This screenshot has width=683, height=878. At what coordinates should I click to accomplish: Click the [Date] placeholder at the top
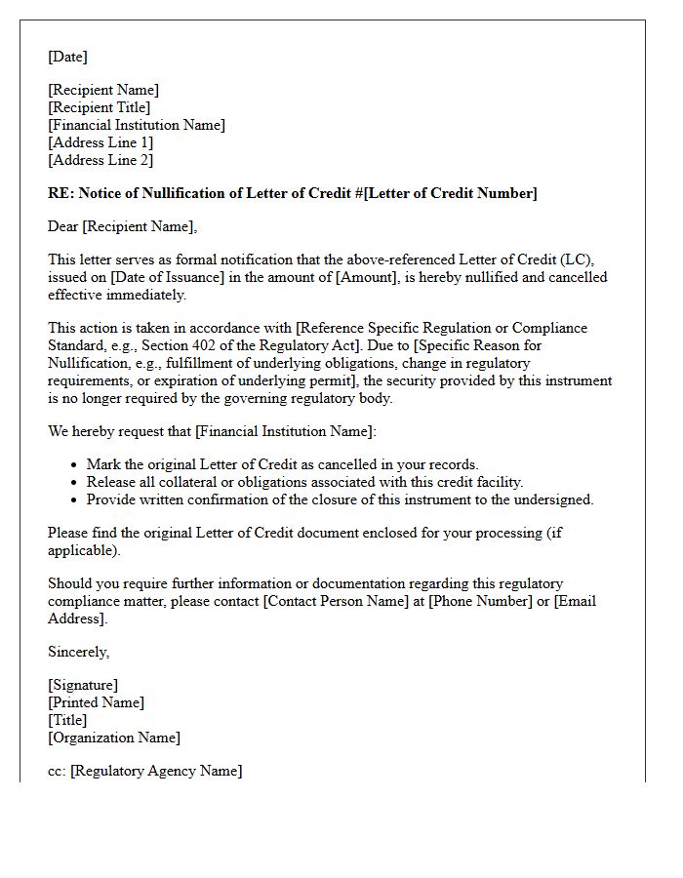[67, 57]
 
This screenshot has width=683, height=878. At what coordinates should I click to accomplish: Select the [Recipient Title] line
[100, 107]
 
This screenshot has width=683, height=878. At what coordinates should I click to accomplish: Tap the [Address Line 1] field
[100, 142]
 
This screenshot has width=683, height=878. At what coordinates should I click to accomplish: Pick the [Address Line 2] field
[100, 160]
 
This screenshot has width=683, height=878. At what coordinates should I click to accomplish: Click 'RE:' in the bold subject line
[60, 193]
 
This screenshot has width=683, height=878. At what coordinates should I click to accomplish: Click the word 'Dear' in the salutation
[63, 226]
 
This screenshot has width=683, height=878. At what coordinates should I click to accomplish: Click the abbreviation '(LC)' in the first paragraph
[583, 259]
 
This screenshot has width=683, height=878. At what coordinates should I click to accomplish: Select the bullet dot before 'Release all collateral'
[75, 483]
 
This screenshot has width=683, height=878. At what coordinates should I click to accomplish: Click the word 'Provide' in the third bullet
[112, 499]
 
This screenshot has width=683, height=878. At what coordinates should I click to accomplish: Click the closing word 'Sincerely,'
[79, 652]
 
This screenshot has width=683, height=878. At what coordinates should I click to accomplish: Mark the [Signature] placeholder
[83, 685]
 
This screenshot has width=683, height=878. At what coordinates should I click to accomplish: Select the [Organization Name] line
[114, 738]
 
